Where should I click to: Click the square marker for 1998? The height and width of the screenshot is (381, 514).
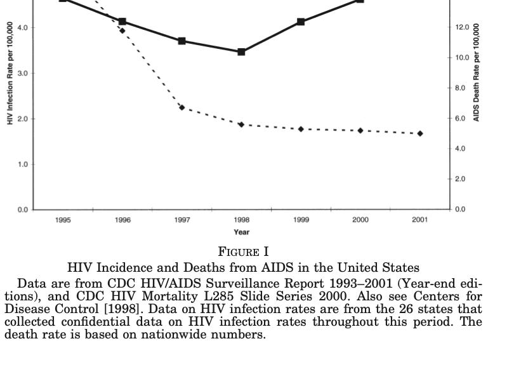click(x=241, y=51)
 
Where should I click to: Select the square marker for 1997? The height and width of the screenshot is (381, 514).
click(x=181, y=41)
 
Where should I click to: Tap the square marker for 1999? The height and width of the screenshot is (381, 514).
click(x=301, y=22)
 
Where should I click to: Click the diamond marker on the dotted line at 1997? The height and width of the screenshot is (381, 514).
click(x=181, y=107)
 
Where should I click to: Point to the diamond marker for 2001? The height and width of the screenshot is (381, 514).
click(x=420, y=133)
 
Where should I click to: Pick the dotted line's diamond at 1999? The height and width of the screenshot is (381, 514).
click(x=301, y=129)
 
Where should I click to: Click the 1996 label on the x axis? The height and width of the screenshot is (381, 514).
click(x=122, y=220)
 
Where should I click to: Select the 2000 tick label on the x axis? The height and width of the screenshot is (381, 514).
click(x=360, y=220)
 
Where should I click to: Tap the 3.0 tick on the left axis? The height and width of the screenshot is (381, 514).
click(x=22, y=73)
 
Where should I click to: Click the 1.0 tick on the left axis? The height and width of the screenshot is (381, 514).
click(x=22, y=164)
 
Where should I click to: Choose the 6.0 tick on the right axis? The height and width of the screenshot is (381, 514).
click(x=461, y=118)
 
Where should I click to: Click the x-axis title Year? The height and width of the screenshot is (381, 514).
click(x=241, y=232)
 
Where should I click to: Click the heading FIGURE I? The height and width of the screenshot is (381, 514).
click(x=243, y=252)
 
